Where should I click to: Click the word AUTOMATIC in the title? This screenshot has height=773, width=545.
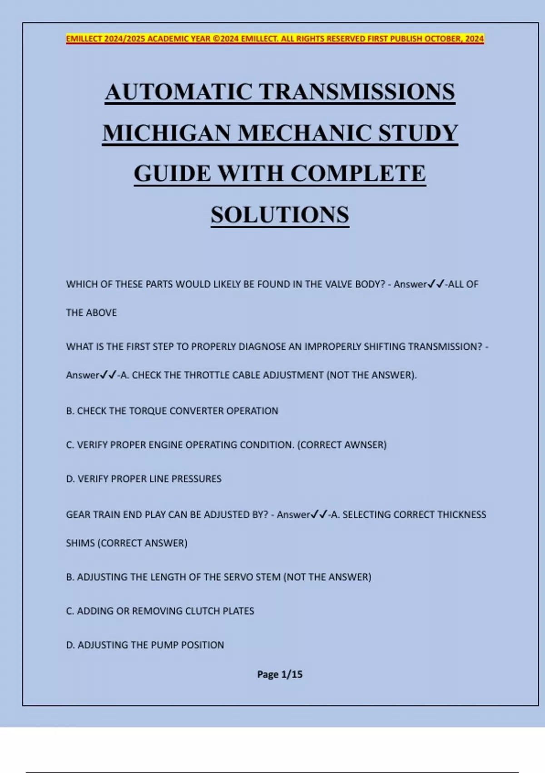[x=179, y=92]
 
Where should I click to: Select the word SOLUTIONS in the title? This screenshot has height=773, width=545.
[x=280, y=215]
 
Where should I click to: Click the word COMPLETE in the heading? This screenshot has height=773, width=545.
[x=358, y=174]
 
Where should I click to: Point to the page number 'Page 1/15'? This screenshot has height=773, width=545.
[x=280, y=674]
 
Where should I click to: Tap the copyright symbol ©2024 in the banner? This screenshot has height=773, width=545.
[x=226, y=39]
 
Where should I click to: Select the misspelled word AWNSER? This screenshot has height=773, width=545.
[x=364, y=445]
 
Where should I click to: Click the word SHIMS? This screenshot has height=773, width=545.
[x=80, y=543]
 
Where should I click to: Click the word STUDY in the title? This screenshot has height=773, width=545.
[x=418, y=133]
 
